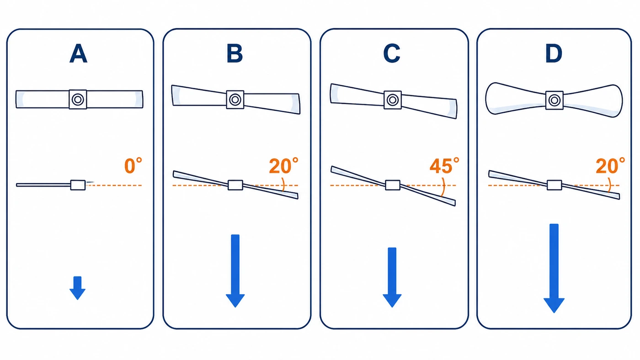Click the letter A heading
pyautogui.click(x=78, y=53)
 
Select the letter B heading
pyautogui.click(x=235, y=53)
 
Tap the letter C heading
pyautogui.click(x=392, y=53)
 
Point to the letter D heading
pyautogui.click(x=554, y=53)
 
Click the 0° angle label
pyautogui.click(x=133, y=165)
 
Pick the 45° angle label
pyautogui.click(x=444, y=165)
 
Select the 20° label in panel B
pyautogui.click(x=284, y=165)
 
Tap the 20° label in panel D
pyautogui.click(x=610, y=165)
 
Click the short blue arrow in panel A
pyautogui.click(x=77, y=288)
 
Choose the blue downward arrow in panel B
pyautogui.click(x=235, y=271)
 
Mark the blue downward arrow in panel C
pyautogui.click(x=392, y=277)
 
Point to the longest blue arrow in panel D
pyautogui.click(x=554, y=268)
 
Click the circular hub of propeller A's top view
pyautogui.click(x=78, y=100)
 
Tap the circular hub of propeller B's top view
pyautogui.click(x=235, y=100)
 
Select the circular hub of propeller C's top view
pyautogui.click(x=393, y=100)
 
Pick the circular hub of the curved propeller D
pyautogui.click(x=555, y=100)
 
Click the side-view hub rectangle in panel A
pyautogui.click(x=78, y=185)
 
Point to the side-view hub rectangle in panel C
pyautogui.click(x=393, y=185)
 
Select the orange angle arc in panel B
pyautogui.click(x=284, y=185)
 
